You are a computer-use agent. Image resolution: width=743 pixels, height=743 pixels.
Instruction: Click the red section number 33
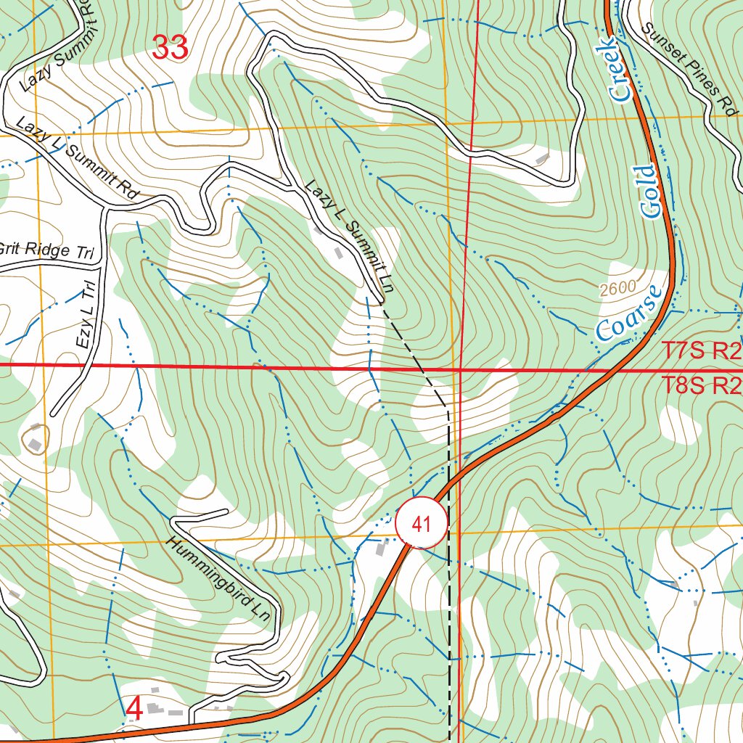click(171, 48)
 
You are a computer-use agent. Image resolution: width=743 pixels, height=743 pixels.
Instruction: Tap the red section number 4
click(134, 709)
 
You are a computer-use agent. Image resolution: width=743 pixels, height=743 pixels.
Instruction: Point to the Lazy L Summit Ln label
click(349, 237)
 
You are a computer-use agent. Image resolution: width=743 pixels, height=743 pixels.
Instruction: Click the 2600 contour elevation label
click(617, 289)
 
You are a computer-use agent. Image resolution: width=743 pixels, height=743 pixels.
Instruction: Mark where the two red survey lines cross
click(461, 369)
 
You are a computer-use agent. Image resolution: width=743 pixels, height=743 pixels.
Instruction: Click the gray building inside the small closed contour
click(34, 440)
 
